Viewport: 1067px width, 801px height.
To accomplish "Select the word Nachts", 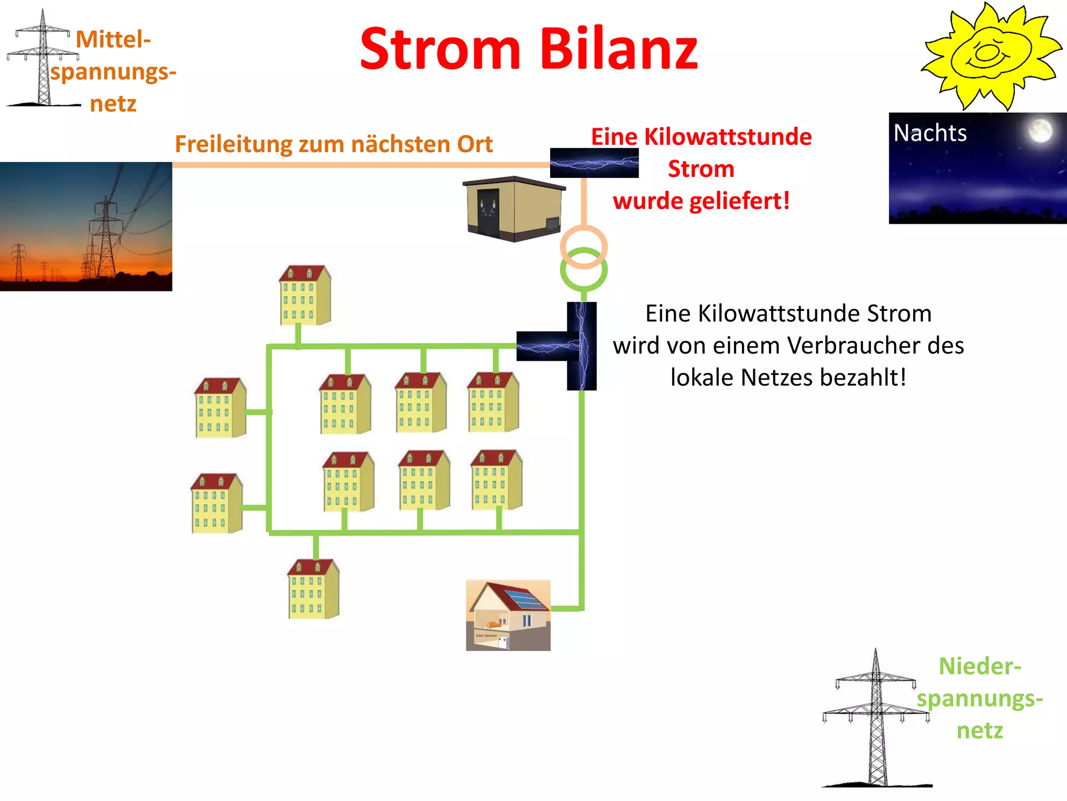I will click(930, 133).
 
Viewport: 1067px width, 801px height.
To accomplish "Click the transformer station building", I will click(514, 209).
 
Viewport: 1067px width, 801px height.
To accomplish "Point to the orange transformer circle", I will click(584, 246).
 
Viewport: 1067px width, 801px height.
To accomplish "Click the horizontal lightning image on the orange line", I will click(594, 163).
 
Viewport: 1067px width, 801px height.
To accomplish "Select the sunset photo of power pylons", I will click(86, 226).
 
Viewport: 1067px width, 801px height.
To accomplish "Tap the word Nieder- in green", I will click(979, 666).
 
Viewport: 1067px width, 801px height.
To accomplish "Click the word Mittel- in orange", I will click(113, 40).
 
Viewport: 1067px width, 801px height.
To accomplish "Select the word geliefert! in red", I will click(739, 201).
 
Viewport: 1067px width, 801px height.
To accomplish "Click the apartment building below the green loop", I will click(314, 589).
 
